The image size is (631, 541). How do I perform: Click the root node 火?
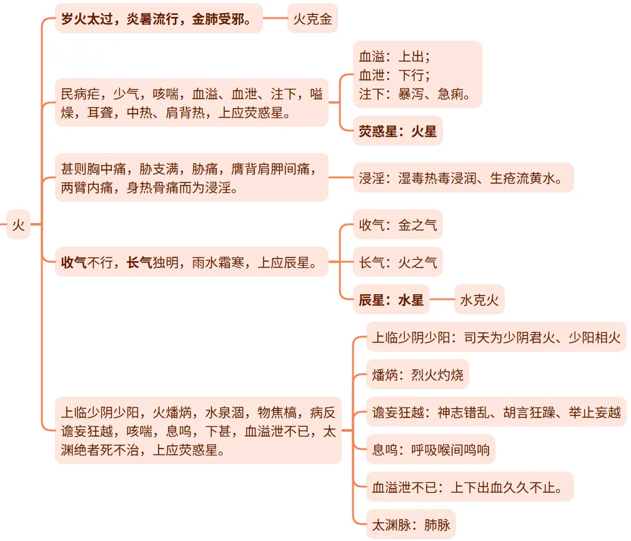18,224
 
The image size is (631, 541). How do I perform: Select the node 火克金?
312,19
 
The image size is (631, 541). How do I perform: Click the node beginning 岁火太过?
159,19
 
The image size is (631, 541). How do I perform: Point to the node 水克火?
479,300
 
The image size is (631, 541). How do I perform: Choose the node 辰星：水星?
391,300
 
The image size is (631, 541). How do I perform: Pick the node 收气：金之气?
397,225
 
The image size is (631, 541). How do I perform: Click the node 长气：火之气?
397,262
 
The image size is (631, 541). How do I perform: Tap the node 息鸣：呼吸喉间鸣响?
430,450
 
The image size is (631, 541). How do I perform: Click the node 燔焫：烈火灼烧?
417,375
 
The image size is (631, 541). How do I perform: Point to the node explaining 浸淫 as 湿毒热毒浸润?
462,178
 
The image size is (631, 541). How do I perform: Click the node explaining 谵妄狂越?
495,412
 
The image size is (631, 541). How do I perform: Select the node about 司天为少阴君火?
495,338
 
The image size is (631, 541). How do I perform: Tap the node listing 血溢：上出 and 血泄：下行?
417,75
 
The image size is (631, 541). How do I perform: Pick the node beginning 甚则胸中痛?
191,178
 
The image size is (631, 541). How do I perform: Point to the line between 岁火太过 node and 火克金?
275,19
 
